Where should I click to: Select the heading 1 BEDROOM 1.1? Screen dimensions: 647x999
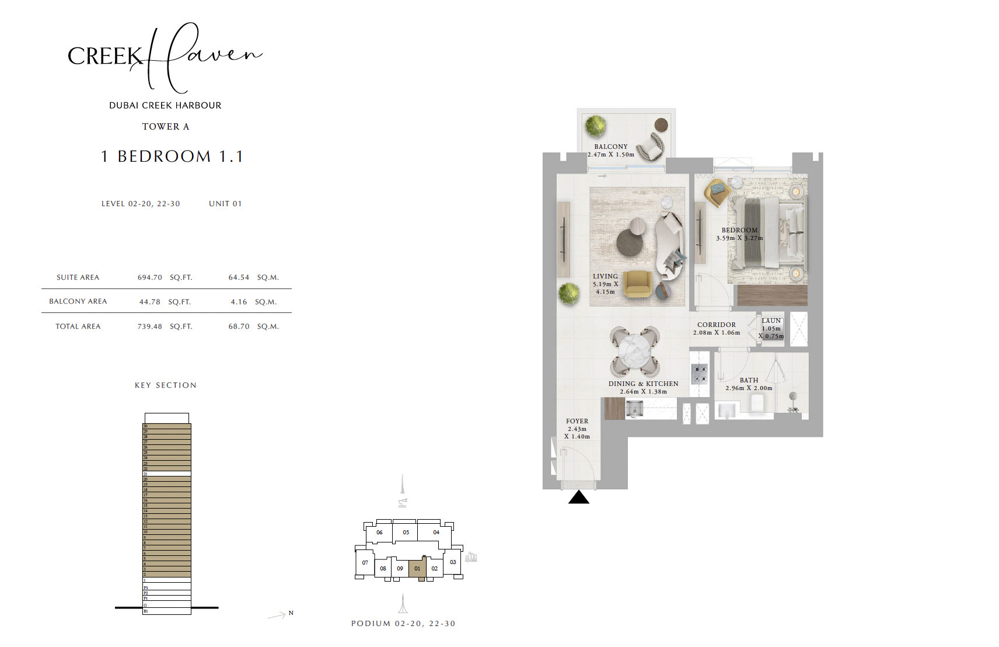[x=172, y=156]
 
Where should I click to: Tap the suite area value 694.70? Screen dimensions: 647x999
[x=149, y=277]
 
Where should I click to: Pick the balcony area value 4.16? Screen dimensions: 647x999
[x=239, y=302]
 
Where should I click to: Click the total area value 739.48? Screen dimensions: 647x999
[x=149, y=326]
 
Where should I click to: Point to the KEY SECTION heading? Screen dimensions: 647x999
[x=165, y=385]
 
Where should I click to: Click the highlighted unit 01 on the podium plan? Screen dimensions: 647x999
[x=417, y=568]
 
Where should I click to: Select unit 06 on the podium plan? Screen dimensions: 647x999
[x=379, y=532]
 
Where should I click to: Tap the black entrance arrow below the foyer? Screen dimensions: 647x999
[x=578, y=498]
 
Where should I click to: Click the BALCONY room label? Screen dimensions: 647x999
[x=610, y=147]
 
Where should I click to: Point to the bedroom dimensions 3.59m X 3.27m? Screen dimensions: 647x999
[x=739, y=238]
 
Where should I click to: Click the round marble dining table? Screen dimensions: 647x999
[x=634, y=352]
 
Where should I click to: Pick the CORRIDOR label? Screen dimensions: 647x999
[x=716, y=325]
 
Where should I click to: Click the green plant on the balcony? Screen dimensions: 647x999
[x=595, y=126]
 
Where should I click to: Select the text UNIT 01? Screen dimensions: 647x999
[x=225, y=204]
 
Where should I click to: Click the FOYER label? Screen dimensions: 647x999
[x=577, y=421]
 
